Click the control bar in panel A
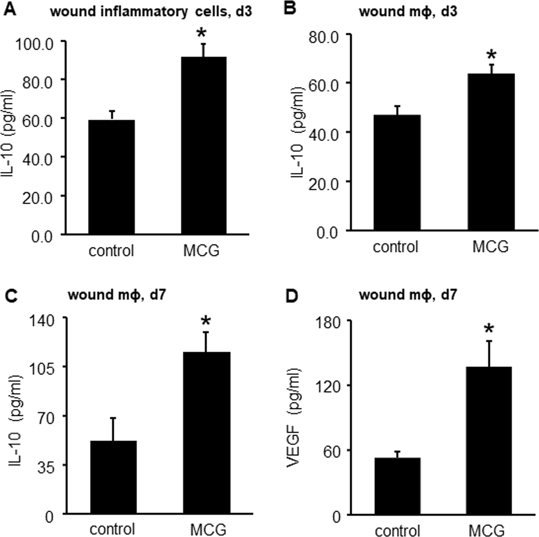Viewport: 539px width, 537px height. click(x=111, y=177)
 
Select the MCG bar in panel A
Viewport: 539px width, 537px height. click(x=204, y=145)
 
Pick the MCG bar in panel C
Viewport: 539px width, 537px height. click(x=206, y=432)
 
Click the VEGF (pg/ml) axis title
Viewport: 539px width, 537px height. click(x=293, y=418)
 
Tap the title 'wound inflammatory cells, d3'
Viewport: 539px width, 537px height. click(x=151, y=12)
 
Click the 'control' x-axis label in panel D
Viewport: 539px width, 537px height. click(x=398, y=530)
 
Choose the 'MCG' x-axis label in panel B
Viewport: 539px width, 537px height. click(x=491, y=246)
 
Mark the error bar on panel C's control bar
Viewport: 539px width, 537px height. click(x=113, y=429)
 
